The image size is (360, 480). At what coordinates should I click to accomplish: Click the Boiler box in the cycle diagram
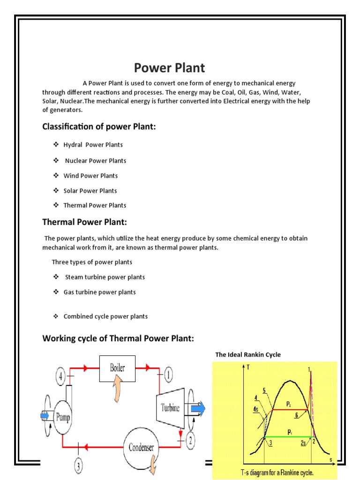click(x=117, y=367)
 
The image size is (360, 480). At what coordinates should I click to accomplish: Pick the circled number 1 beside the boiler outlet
click(x=168, y=375)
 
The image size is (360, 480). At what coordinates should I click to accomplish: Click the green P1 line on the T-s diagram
click(x=288, y=437)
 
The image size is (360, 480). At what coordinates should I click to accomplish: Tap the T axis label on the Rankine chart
click(x=248, y=367)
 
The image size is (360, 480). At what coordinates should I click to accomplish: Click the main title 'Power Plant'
click(x=169, y=68)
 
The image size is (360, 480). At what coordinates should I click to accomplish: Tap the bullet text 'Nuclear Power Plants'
click(x=96, y=161)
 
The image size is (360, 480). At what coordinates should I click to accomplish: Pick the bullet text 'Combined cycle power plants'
click(x=105, y=316)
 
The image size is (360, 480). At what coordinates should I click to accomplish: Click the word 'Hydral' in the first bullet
click(x=73, y=145)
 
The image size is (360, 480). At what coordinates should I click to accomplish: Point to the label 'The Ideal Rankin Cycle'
click(x=248, y=355)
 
